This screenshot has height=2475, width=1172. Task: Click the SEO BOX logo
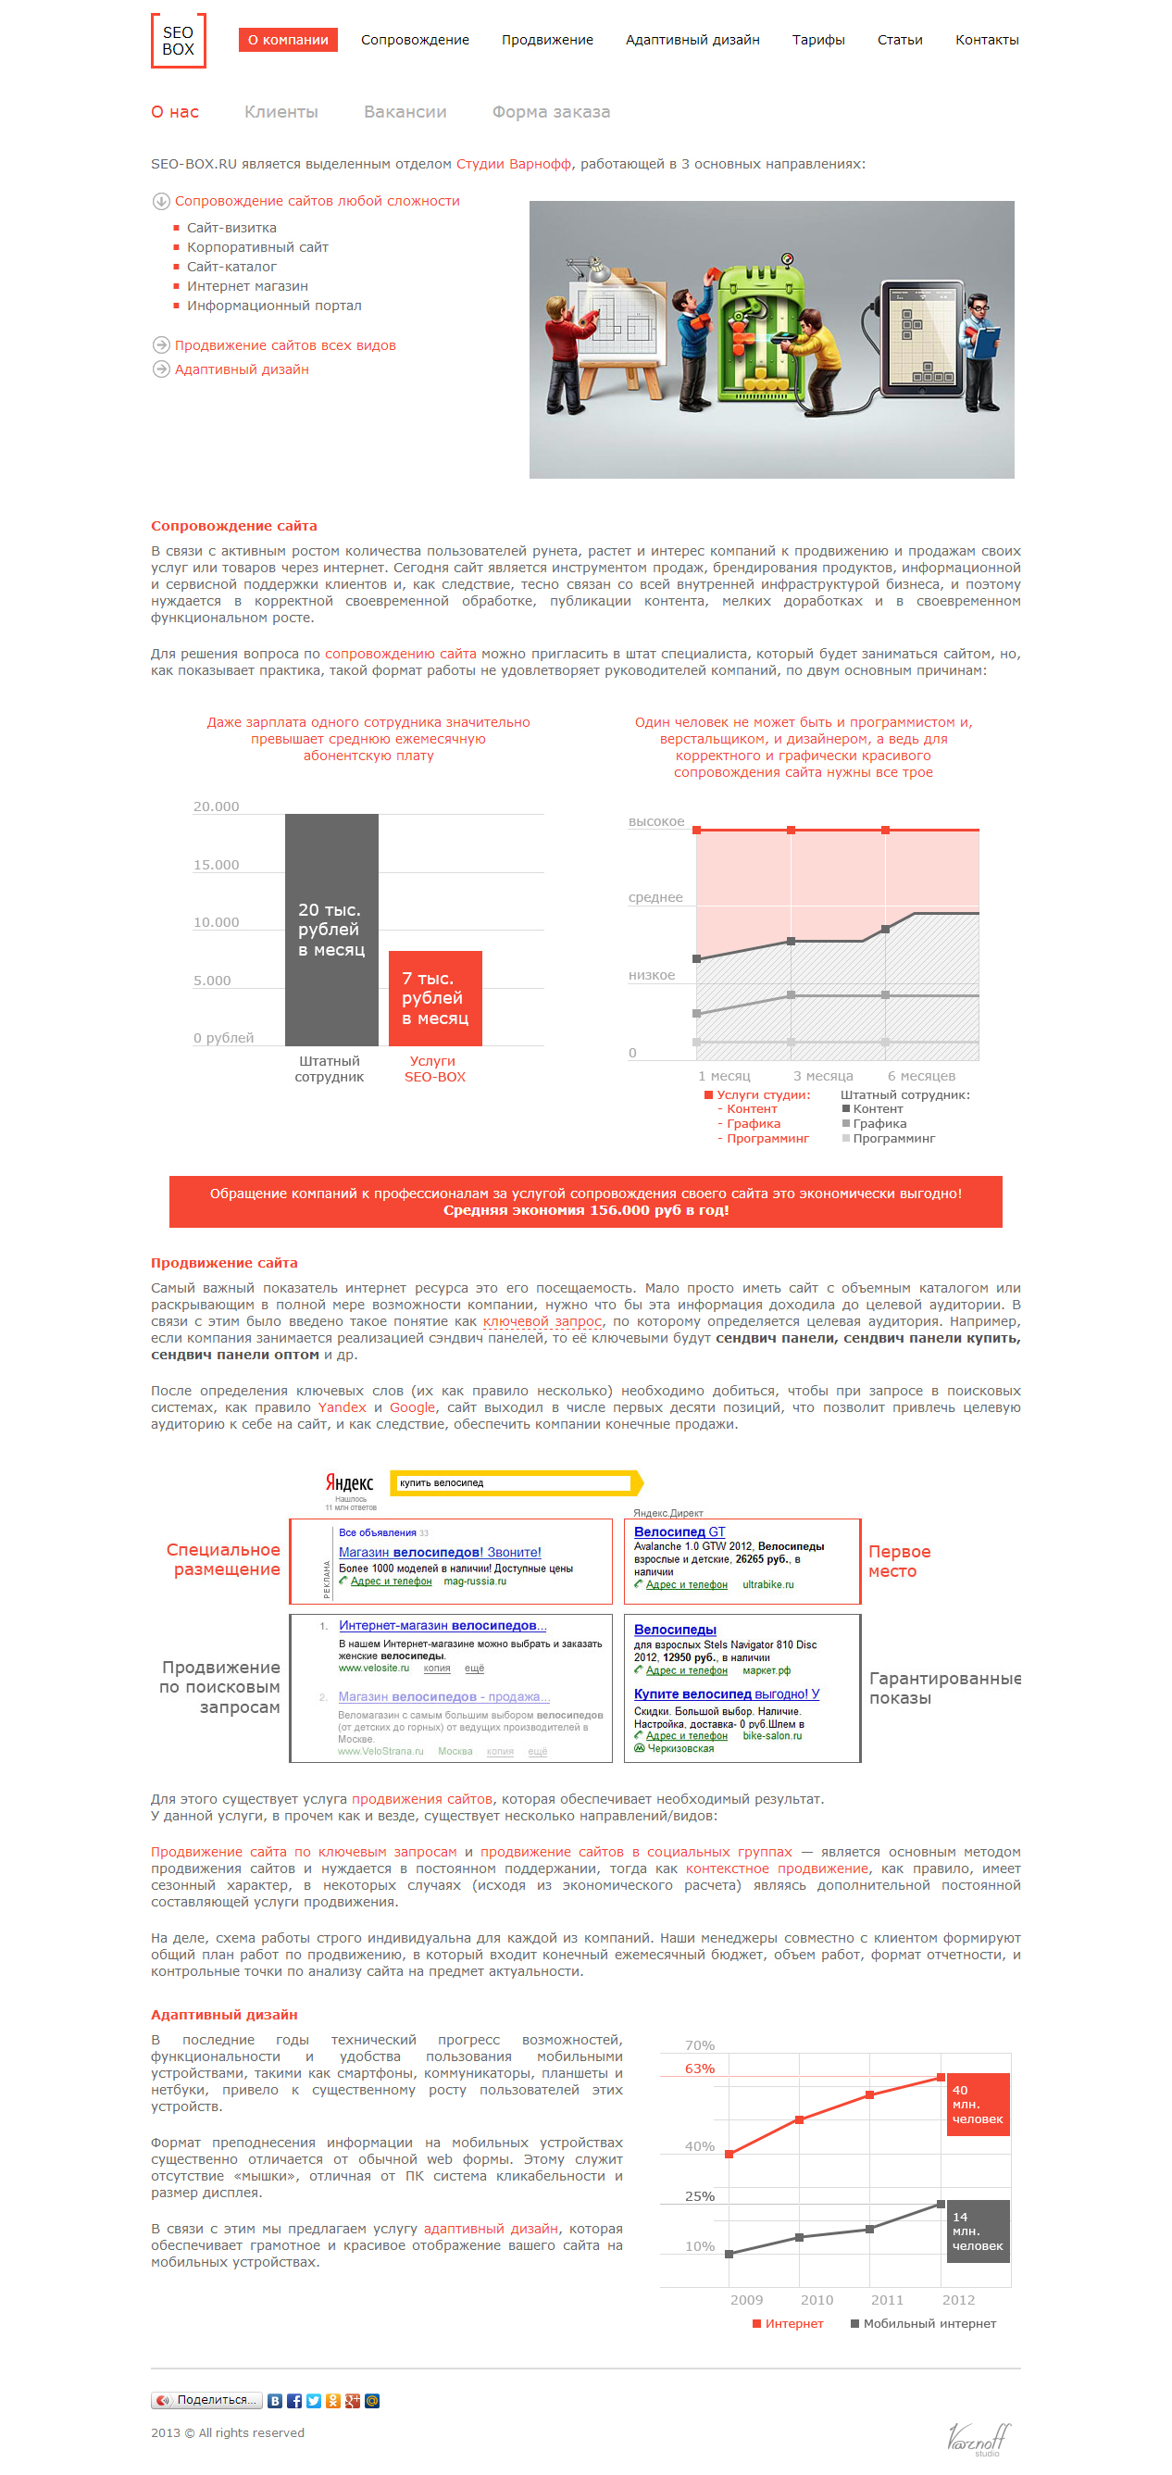point(178,41)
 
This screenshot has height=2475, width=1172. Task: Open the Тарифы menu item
point(817,41)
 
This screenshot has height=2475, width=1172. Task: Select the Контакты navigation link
point(986,41)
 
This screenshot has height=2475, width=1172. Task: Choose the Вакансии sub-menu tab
point(405,112)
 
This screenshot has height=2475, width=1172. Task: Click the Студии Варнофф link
point(513,164)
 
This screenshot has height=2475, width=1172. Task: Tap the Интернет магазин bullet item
point(247,286)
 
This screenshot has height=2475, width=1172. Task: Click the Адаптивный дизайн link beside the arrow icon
point(241,369)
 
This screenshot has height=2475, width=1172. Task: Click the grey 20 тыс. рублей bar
point(331,928)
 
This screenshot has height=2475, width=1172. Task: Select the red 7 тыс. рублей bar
point(435,997)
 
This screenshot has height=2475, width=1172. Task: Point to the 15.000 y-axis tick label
point(216,866)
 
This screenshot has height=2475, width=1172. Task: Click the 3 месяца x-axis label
point(822,1076)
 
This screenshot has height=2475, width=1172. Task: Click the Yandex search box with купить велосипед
point(514,1483)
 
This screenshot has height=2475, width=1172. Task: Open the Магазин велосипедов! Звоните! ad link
point(439,1553)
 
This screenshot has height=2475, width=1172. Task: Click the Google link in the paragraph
point(412,1408)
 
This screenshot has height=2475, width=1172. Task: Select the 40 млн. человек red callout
point(977,2104)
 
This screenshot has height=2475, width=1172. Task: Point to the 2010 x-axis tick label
point(817,2300)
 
